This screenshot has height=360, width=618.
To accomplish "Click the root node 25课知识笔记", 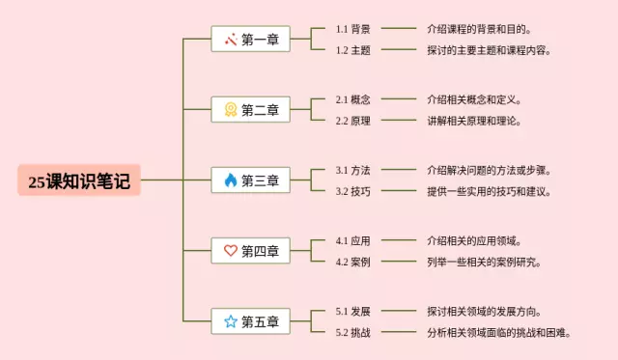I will (x=79, y=180).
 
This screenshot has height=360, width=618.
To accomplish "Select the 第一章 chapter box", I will (x=250, y=40).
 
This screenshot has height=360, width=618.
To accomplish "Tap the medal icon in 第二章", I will (x=230, y=110).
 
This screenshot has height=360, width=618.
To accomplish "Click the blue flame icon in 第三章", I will (x=230, y=180).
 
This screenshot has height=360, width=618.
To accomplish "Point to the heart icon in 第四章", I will (x=230, y=251).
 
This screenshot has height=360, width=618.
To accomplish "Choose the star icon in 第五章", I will (x=230, y=321).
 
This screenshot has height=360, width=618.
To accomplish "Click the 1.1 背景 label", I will (x=352, y=29).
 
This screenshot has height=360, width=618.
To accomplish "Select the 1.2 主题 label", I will (x=352, y=50).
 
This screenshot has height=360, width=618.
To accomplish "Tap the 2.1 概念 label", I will (x=352, y=99).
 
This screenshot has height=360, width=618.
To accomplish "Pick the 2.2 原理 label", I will (x=352, y=121).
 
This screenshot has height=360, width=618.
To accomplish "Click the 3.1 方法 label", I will (x=352, y=170).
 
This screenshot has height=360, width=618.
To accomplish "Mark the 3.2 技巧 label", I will (x=352, y=191).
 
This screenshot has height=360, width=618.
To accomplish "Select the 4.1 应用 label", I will (x=352, y=240).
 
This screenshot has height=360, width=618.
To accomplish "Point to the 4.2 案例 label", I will (x=352, y=262).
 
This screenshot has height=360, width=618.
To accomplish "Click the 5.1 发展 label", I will (x=352, y=311).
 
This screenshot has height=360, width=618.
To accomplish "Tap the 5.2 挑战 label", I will (x=352, y=332).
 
